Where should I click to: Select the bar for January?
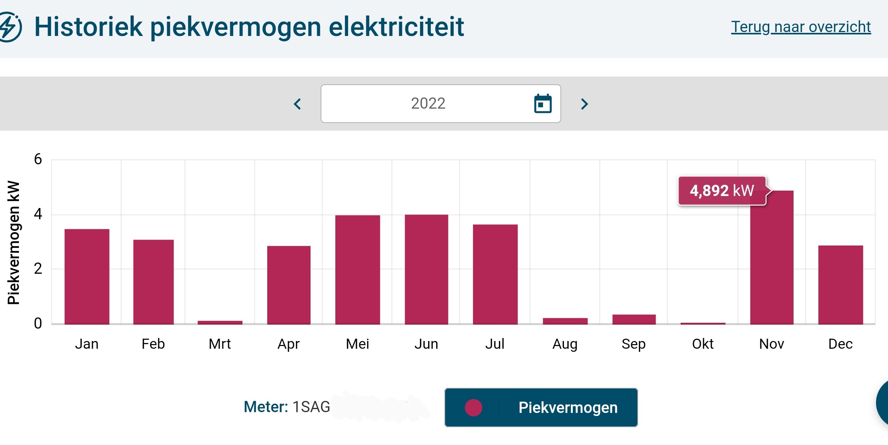[87, 276]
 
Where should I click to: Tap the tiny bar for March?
[220, 322]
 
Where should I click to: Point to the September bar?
[634, 319]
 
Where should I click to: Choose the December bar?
[840, 285]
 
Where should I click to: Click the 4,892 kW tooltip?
[722, 191]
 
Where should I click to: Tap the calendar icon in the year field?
[543, 104]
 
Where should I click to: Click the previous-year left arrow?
[297, 104]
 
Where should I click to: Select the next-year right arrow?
[584, 104]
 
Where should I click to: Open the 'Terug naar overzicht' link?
[801, 27]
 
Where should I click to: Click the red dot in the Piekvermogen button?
[473, 407]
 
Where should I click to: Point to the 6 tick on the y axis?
[38, 159]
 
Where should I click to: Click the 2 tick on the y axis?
[38, 268]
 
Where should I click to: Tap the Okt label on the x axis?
[702, 344]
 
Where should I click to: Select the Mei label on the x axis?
[357, 344]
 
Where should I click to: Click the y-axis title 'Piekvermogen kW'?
[14, 242]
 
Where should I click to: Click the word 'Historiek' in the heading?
[89, 27]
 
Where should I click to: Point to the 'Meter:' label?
[266, 407]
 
